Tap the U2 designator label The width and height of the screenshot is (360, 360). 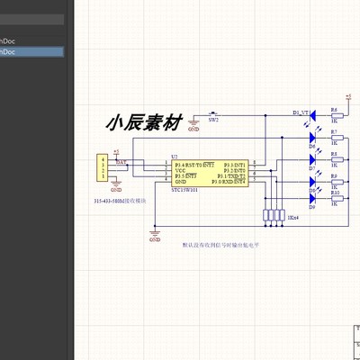tap(175, 156)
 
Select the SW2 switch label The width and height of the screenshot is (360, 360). tap(213, 119)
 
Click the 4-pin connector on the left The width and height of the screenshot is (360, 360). tap(103, 168)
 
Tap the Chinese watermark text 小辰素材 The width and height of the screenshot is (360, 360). tap(144, 122)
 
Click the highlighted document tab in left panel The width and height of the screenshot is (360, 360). tap(31, 52)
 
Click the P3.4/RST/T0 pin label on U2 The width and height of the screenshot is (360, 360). tap(194, 165)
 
